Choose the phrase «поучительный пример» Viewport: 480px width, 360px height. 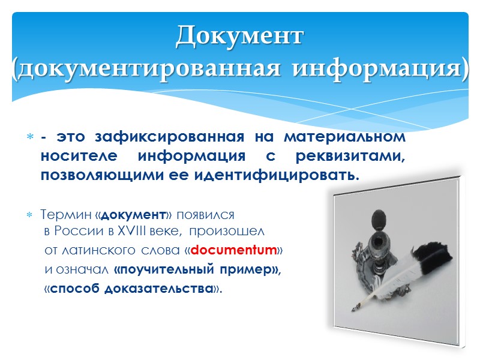click(197, 269)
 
